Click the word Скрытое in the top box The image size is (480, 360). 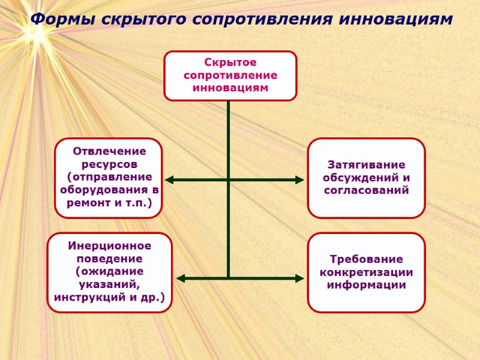tap(230, 63)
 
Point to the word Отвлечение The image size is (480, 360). tap(109, 151)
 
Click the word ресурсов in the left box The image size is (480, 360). tap(109, 164)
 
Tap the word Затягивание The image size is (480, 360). tap(366, 164)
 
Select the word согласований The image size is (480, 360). tap(366, 191)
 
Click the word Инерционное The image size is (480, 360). tap(109, 246)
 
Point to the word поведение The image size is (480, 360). tap(109, 259)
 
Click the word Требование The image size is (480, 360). tap(366, 259)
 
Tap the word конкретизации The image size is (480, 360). tap(366, 272)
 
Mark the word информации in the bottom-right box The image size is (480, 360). tap(366, 285)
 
